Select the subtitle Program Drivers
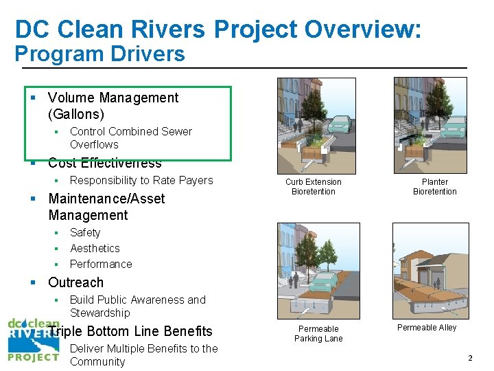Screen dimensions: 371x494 100,54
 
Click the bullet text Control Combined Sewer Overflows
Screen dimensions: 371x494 130,137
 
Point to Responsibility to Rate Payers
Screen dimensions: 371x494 141,181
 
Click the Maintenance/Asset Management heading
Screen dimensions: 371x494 106,207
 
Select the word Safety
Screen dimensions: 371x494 85,233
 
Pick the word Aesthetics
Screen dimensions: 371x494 95,249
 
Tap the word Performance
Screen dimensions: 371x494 101,265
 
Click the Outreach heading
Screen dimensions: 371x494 75,282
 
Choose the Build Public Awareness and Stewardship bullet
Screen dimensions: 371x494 137,306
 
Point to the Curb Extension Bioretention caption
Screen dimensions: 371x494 314,187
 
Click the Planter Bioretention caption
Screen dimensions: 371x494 434,187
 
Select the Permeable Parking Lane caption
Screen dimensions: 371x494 318,333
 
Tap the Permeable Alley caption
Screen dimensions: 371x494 427,328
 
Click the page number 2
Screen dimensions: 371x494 470,358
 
